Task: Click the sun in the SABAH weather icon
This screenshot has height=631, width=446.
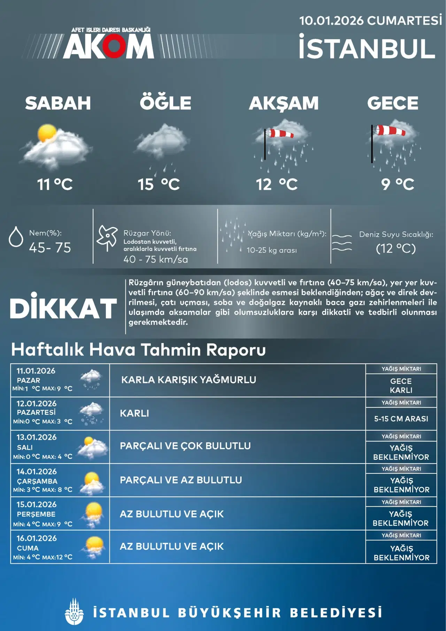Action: (47, 133)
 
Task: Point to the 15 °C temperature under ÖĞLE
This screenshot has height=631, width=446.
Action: (159, 184)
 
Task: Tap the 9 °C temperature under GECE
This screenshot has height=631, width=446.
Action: (398, 184)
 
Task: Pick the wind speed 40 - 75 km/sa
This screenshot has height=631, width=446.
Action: (155, 259)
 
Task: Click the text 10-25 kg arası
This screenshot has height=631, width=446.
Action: (272, 250)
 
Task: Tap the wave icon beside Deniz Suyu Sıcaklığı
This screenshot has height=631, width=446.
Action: (342, 242)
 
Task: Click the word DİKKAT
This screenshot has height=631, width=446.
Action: (63, 308)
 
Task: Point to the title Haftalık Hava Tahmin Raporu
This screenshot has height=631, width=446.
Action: (138, 350)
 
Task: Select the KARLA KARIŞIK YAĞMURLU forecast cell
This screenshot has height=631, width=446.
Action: (189, 380)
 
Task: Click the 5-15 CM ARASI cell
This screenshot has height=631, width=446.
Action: (401, 419)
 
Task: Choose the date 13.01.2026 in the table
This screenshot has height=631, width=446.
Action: (37, 437)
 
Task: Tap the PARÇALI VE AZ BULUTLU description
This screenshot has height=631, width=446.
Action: (181, 480)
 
